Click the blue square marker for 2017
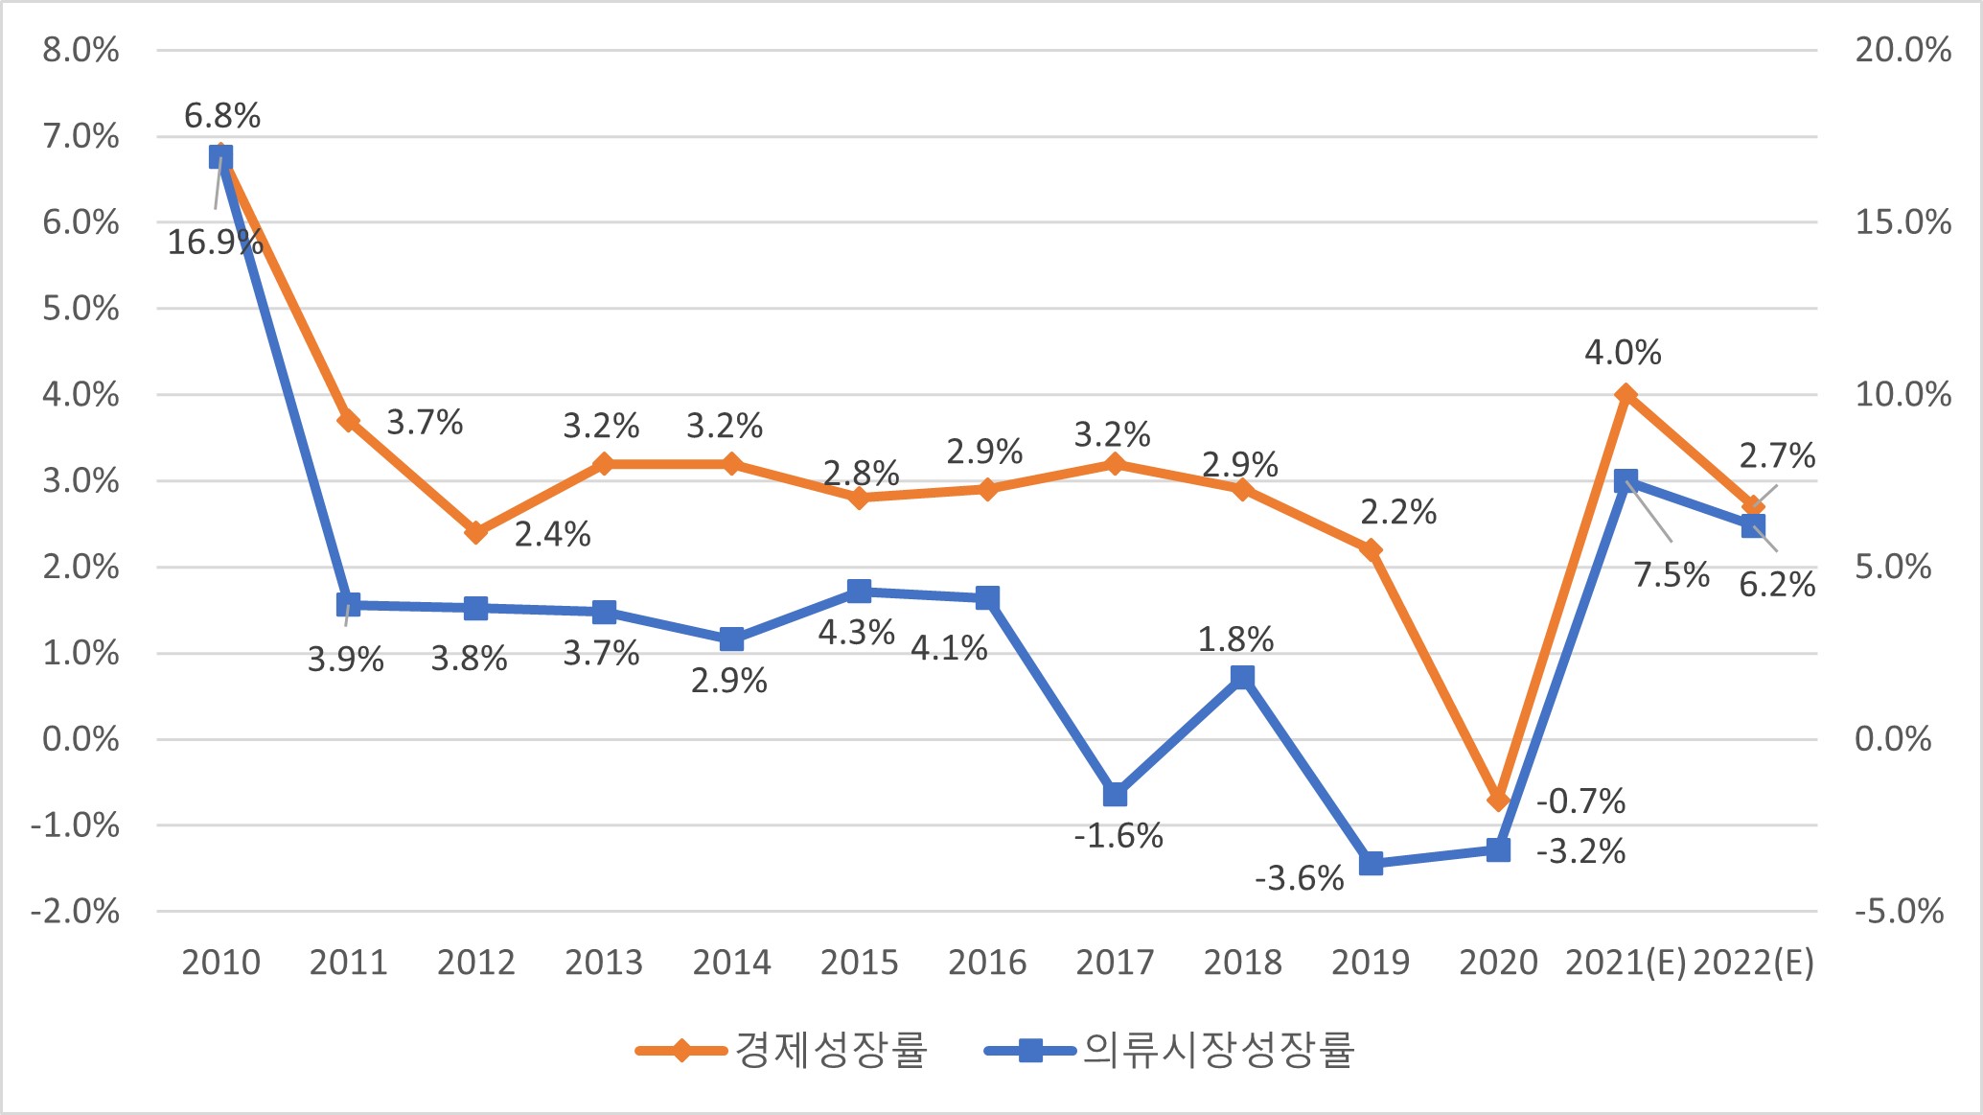click(1115, 795)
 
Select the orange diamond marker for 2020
click(1498, 800)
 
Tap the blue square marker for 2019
click(1371, 863)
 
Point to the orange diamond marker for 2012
click(476, 532)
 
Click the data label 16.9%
click(215, 243)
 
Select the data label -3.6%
click(1299, 878)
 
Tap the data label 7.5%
click(1671, 575)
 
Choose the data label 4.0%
click(1623, 353)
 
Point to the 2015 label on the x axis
click(859, 963)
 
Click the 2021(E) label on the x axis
click(1625, 963)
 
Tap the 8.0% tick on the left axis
click(81, 50)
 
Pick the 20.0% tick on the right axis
click(1902, 50)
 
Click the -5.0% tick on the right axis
click(1899, 911)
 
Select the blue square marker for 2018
click(1242, 678)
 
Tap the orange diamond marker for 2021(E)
click(1626, 395)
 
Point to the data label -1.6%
click(1118, 836)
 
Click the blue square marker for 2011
click(348, 604)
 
